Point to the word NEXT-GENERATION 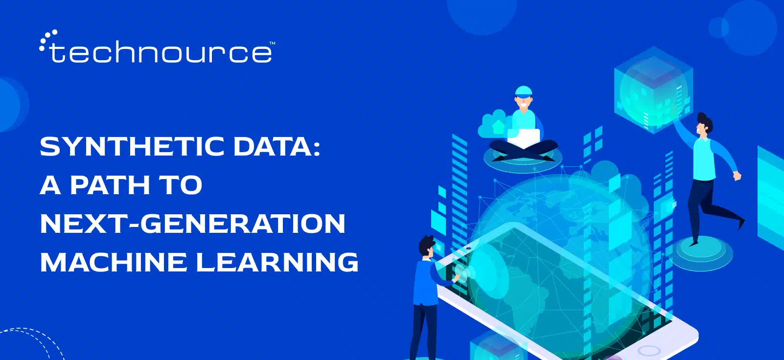coord(192,224)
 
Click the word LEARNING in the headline coord(277,262)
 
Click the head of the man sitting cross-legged coord(523,98)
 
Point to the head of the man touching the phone coord(426,247)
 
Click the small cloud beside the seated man coord(492,125)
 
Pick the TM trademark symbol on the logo coord(272,44)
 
